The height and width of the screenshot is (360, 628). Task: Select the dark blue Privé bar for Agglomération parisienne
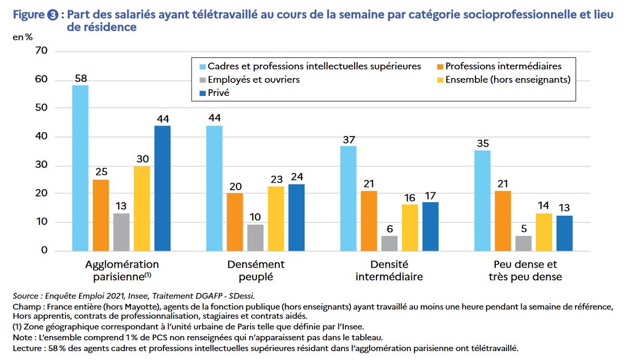(163, 188)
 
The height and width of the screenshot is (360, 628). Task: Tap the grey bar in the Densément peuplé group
(255, 238)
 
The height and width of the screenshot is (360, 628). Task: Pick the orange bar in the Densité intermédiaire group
(369, 221)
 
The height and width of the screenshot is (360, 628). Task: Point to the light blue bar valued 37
(348, 198)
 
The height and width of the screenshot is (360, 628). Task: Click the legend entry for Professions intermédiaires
(503, 66)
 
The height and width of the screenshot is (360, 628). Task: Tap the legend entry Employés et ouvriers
(254, 80)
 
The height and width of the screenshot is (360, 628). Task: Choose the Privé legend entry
(218, 93)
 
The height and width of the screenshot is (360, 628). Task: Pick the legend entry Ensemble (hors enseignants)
(508, 80)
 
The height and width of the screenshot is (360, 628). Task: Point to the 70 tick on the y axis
(41, 51)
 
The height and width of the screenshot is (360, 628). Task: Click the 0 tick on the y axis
(44, 250)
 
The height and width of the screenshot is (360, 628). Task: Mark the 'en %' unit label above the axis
(23, 38)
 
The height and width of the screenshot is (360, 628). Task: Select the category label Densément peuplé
(256, 270)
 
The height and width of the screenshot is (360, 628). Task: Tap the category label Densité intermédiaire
(389, 270)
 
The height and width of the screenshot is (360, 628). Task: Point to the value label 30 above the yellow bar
(142, 158)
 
